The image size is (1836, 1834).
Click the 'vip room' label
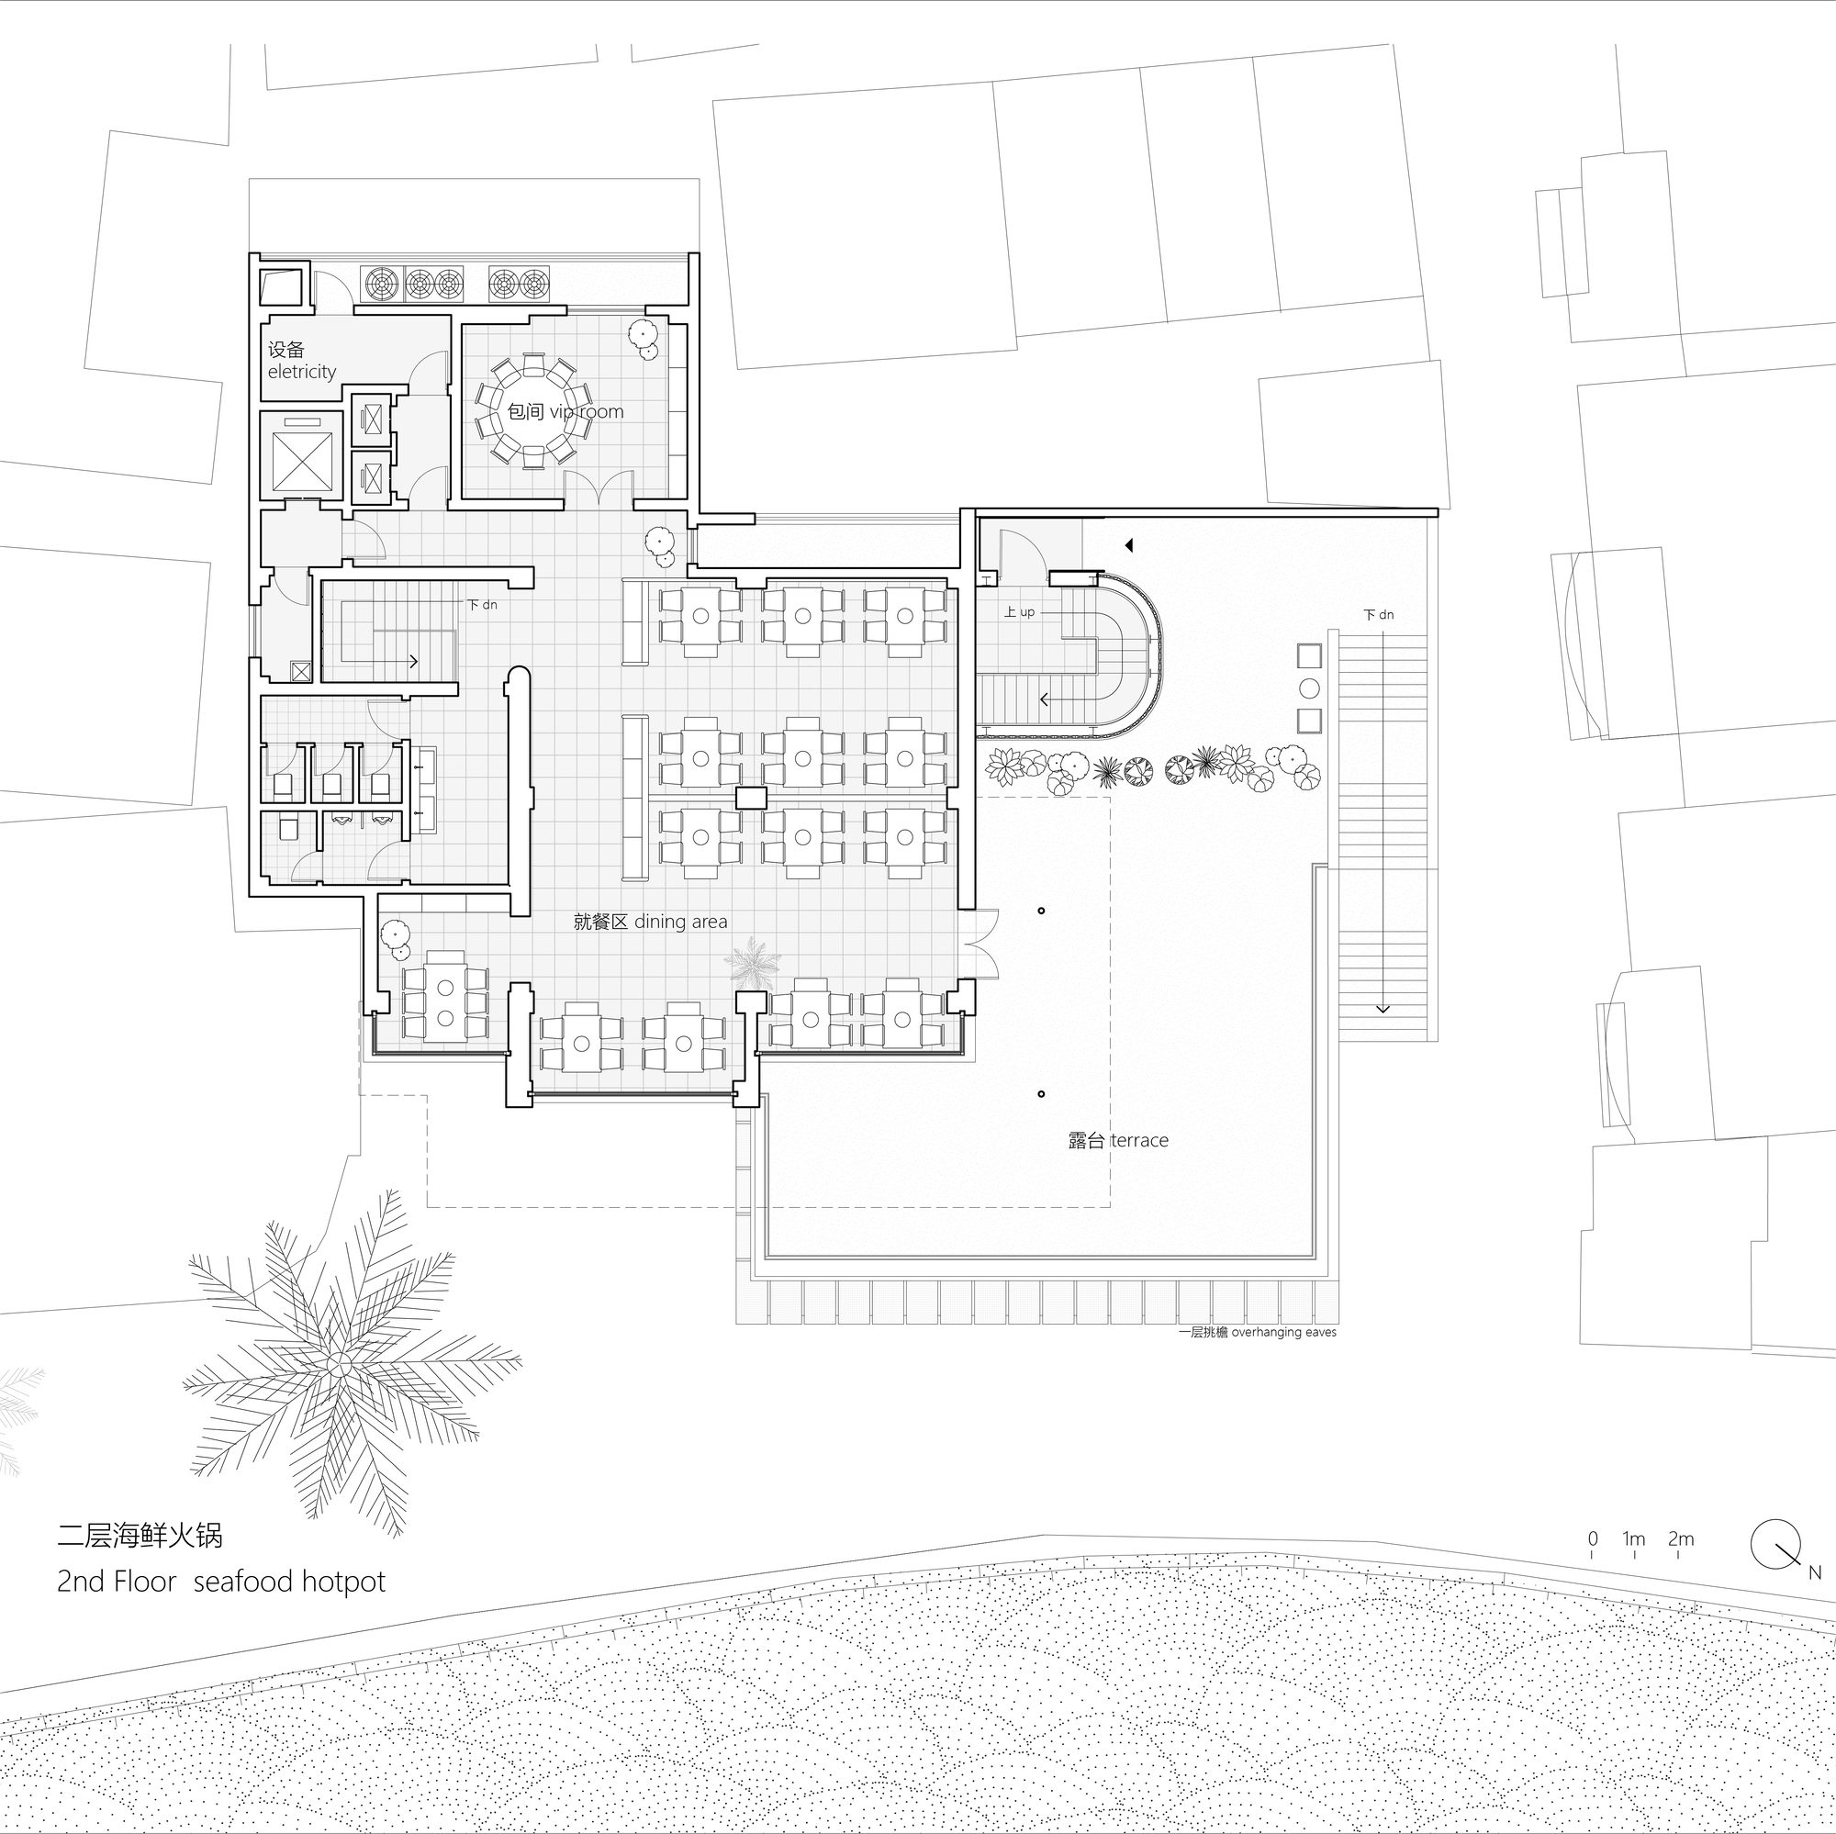coord(586,411)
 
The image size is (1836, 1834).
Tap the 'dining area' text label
coord(680,922)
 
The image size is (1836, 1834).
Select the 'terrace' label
coord(1138,1140)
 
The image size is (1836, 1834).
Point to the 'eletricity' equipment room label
coord(302,372)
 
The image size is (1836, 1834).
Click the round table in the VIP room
coord(532,410)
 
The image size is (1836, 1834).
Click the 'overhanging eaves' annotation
coord(1284,1332)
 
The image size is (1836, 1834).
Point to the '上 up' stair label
coord(1019,612)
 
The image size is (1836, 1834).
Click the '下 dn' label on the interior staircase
coord(482,604)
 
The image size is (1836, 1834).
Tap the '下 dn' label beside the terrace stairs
coord(1378,615)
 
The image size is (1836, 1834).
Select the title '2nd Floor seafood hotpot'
coord(221,1582)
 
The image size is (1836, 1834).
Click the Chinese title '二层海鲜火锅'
coord(140,1535)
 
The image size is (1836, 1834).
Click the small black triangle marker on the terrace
coord(1129,545)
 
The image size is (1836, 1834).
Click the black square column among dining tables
coord(751,798)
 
